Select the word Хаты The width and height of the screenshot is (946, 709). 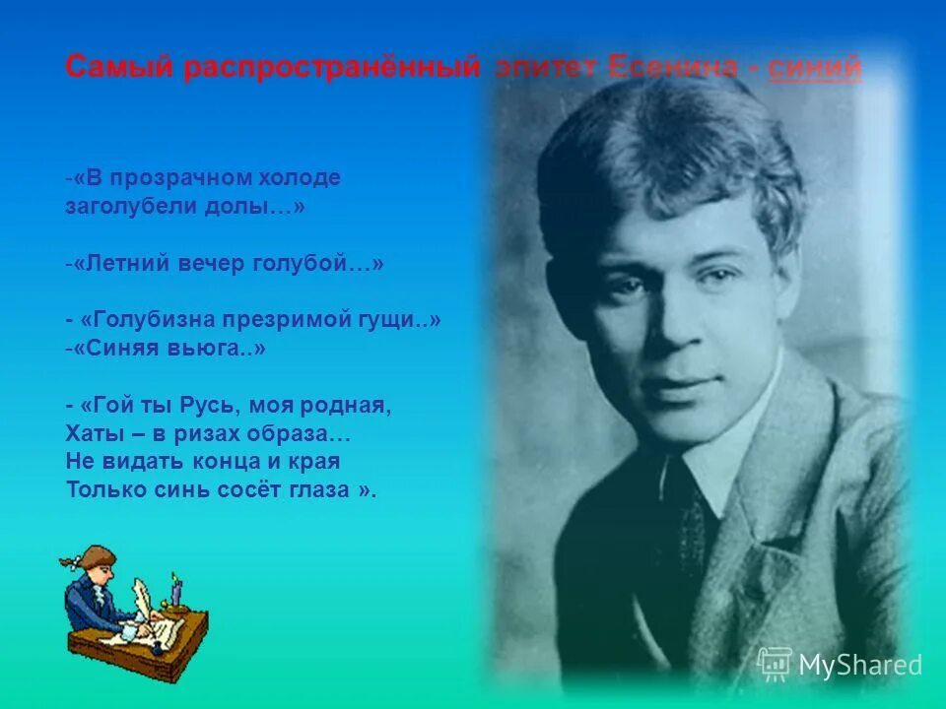click(93, 433)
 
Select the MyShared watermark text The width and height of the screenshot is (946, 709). click(859, 665)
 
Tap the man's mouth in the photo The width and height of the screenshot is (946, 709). click(678, 382)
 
